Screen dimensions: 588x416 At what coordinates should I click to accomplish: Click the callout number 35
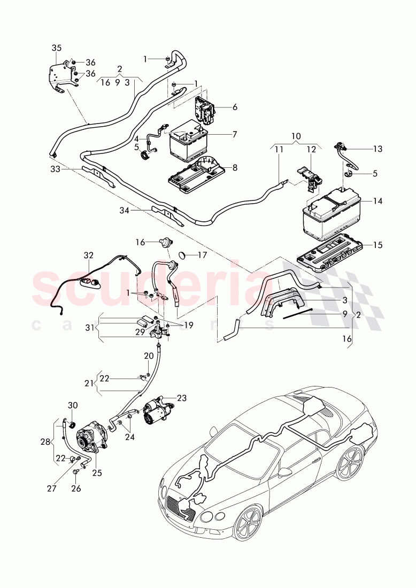click(57, 48)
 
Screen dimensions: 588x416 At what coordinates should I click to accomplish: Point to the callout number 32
click(88, 256)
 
